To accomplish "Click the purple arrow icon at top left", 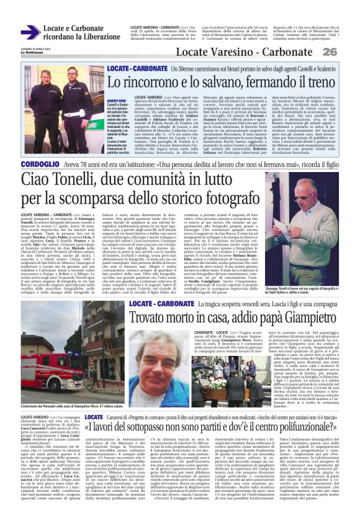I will point(30,32).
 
